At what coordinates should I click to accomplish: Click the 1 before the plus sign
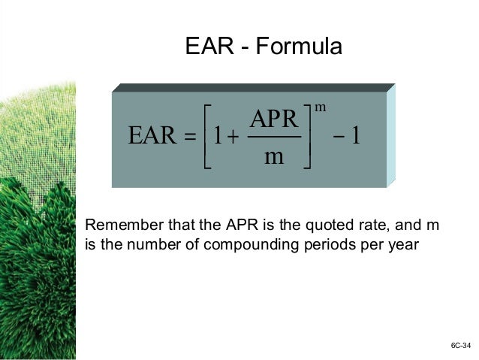(x=216, y=137)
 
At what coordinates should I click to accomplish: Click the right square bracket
(x=308, y=137)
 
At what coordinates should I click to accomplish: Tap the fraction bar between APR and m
(x=274, y=137)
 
